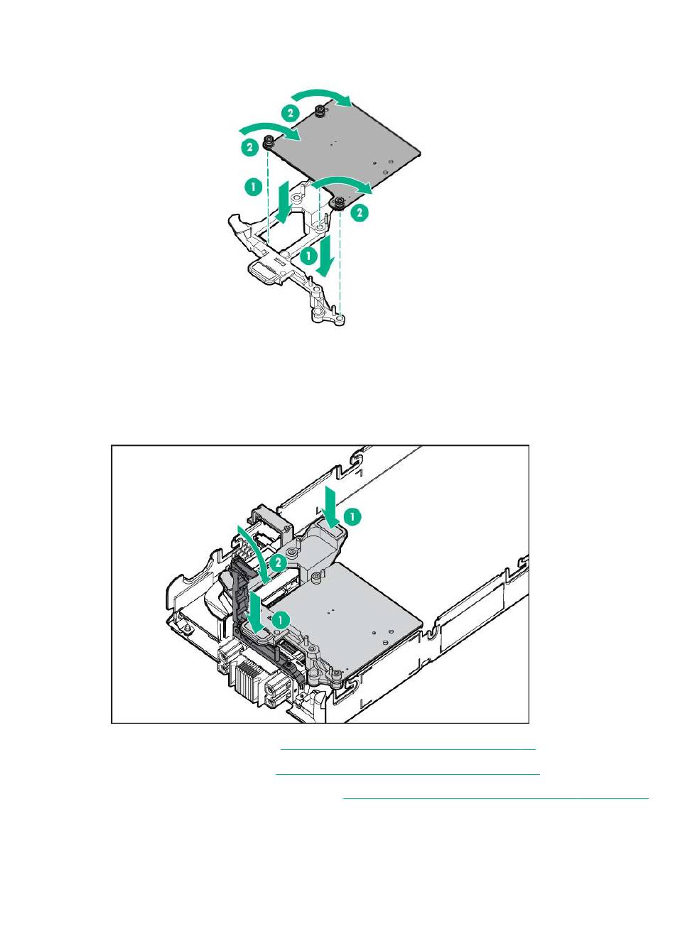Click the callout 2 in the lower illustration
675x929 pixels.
(x=278, y=563)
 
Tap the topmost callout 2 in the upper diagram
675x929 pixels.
(x=290, y=112)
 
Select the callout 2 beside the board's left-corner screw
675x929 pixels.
(x=249, y=148)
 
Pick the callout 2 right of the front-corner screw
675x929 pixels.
(x=361, y=212)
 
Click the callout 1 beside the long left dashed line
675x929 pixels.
(x=250, y=188)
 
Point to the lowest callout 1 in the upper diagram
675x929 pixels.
(x=308, y=255)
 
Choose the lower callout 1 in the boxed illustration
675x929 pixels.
(x=281, y=619)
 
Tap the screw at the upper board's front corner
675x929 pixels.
(x=340, y=201)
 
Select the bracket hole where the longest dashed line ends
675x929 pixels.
(x=340, y=319)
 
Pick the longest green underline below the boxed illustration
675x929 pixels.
(x=496, y=798)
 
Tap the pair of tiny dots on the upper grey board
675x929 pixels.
(x=333, y=142)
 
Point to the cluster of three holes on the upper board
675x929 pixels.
(x=382, y=166)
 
